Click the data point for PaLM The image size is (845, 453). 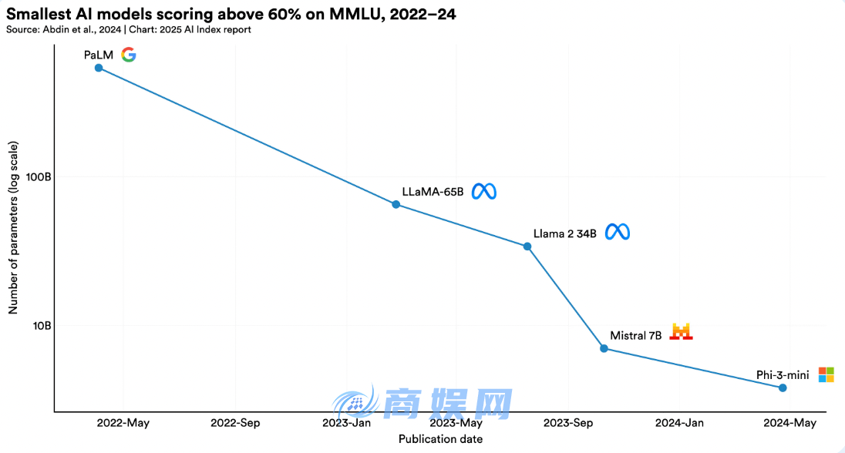point(99,68)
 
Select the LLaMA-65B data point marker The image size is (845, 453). point(396,204)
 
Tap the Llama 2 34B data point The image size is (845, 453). point(527,247)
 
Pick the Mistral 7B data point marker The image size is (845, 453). point(604,348)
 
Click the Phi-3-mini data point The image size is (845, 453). point(783,388)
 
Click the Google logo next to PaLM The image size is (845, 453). point(129,55)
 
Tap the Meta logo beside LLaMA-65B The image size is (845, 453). point(484,191)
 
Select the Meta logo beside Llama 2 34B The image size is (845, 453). point(617,232)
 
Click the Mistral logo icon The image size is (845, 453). point(682,332)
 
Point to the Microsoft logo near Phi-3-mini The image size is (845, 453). point(826,374)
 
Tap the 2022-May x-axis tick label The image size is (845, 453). point(123,423)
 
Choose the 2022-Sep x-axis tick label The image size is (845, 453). point(235,423)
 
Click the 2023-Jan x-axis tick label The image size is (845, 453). point(347,423)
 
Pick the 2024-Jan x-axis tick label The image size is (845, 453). point(679,423)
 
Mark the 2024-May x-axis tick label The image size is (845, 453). point(789,423)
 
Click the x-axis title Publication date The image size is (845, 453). point(440,439)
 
